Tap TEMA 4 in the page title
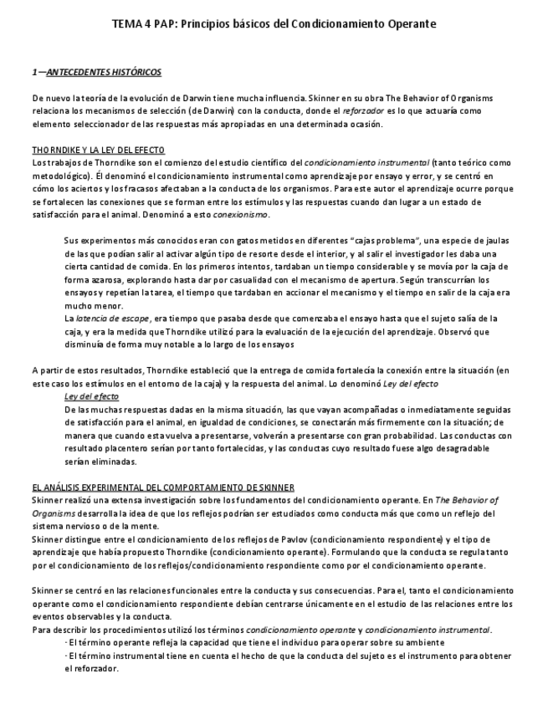[131, 25]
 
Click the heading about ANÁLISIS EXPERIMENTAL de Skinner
[162, 487]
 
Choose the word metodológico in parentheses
[58, 176]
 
